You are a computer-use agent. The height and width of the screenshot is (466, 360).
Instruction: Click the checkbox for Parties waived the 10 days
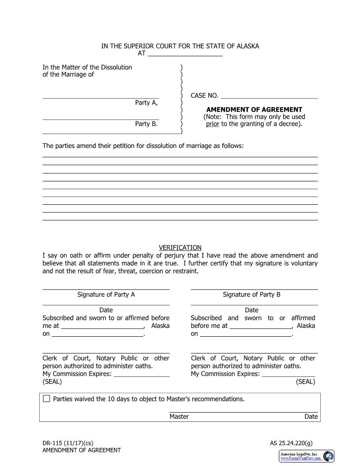(47, 399)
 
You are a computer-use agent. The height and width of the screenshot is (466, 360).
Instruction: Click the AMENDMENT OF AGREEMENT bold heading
(254, 109)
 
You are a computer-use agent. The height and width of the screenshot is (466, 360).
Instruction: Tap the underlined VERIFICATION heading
(180, 248)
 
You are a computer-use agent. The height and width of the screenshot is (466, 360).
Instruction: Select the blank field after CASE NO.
(269, 96)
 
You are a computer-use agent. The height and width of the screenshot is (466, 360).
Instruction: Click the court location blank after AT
(185, 54)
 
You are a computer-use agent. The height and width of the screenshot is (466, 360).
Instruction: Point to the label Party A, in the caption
(146, 103)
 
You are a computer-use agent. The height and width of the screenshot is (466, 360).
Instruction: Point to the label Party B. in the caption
(146, 124)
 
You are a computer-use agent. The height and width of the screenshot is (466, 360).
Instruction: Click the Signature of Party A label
(106, 294)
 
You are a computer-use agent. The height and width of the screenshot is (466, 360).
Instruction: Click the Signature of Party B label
(251, 294)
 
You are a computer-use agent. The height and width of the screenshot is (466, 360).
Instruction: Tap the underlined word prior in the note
(213, 124)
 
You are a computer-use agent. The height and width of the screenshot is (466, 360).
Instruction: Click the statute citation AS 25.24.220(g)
(291, 443)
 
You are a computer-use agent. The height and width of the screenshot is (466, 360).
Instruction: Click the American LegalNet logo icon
(328, 456)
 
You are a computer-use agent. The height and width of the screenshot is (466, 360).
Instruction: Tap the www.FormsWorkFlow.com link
(301, 458)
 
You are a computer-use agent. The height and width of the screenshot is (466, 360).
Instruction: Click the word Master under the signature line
(179, 417)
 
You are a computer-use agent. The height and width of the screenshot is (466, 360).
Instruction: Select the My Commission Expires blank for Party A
(142, 374)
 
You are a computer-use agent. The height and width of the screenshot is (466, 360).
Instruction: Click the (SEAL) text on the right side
(305, 382)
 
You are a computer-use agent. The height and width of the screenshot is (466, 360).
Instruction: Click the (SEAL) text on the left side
(52, 382)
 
